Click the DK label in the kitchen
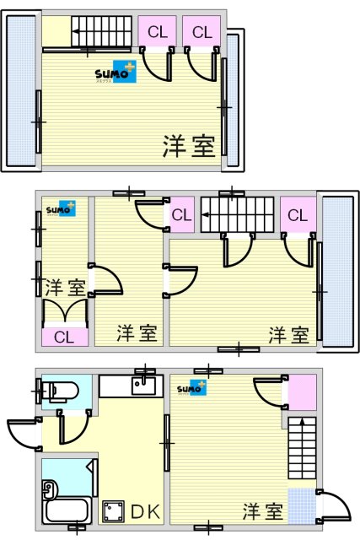point(144,510)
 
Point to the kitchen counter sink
point(142,387)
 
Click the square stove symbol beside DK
point(111,510)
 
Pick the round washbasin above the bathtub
point(49,487)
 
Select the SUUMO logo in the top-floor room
point(114,73)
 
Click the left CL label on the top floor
point(158,32)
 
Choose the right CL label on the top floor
point(201,32)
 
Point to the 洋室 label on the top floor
point(189,145)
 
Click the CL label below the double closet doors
point(63,337)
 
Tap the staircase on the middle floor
point(239,215)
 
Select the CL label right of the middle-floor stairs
point(298,215)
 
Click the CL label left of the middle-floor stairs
point(182,215)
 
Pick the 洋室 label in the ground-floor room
point(263,511)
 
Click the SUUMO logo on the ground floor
point(191,389)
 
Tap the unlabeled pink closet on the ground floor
point(302,391)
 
